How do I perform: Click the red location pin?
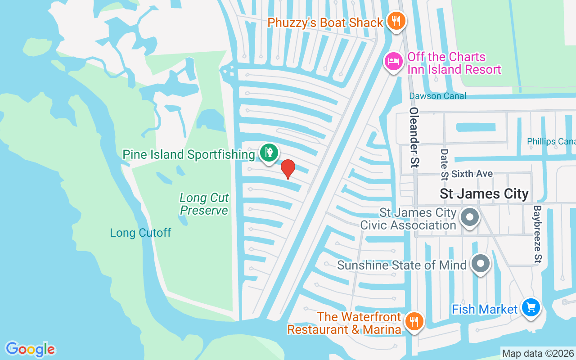pos(288,169)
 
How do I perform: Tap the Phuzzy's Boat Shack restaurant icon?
pos(396,21)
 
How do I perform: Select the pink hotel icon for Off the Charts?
pos(394,61)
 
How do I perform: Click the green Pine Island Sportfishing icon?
pos(269,153)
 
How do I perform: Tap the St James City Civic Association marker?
pos(470,218)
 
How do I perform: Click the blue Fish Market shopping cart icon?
pos(531,308)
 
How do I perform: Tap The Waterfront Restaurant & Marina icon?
pos(413,322)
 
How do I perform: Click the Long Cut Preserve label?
pos(204,204)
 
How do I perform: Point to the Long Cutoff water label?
pos(140,233)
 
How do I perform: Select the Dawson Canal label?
pos(437,96)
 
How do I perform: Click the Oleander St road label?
pos(413,137)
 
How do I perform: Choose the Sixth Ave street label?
pos(472,174)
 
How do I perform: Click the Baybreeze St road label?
pos(537,234)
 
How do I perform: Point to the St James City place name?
pos(484,194)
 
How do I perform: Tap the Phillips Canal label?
pos(551,141)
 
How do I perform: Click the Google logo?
pos(30,349)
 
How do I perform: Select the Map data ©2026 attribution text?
pos(538,353)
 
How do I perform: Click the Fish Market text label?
pos(485,310)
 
